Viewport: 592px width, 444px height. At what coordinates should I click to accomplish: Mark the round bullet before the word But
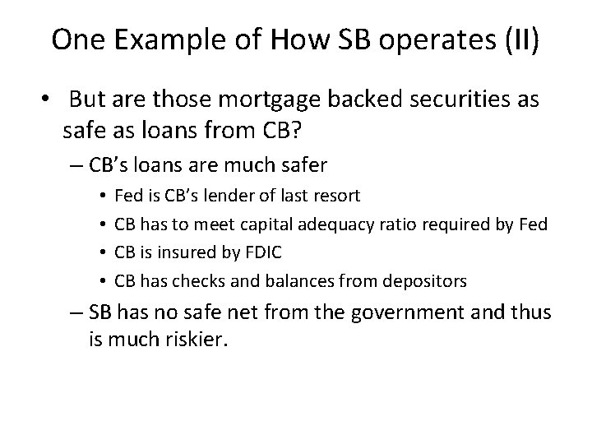[x=44, y=101]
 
